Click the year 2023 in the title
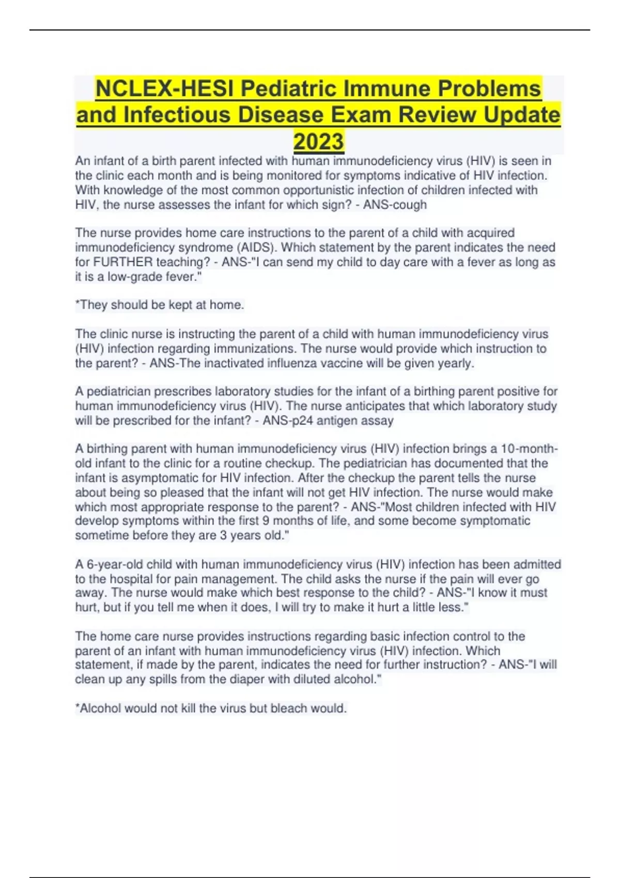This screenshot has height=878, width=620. (318, 141)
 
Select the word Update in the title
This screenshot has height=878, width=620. (521, 115)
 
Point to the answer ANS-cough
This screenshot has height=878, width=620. (395, 205)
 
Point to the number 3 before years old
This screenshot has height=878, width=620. (223, 535)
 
